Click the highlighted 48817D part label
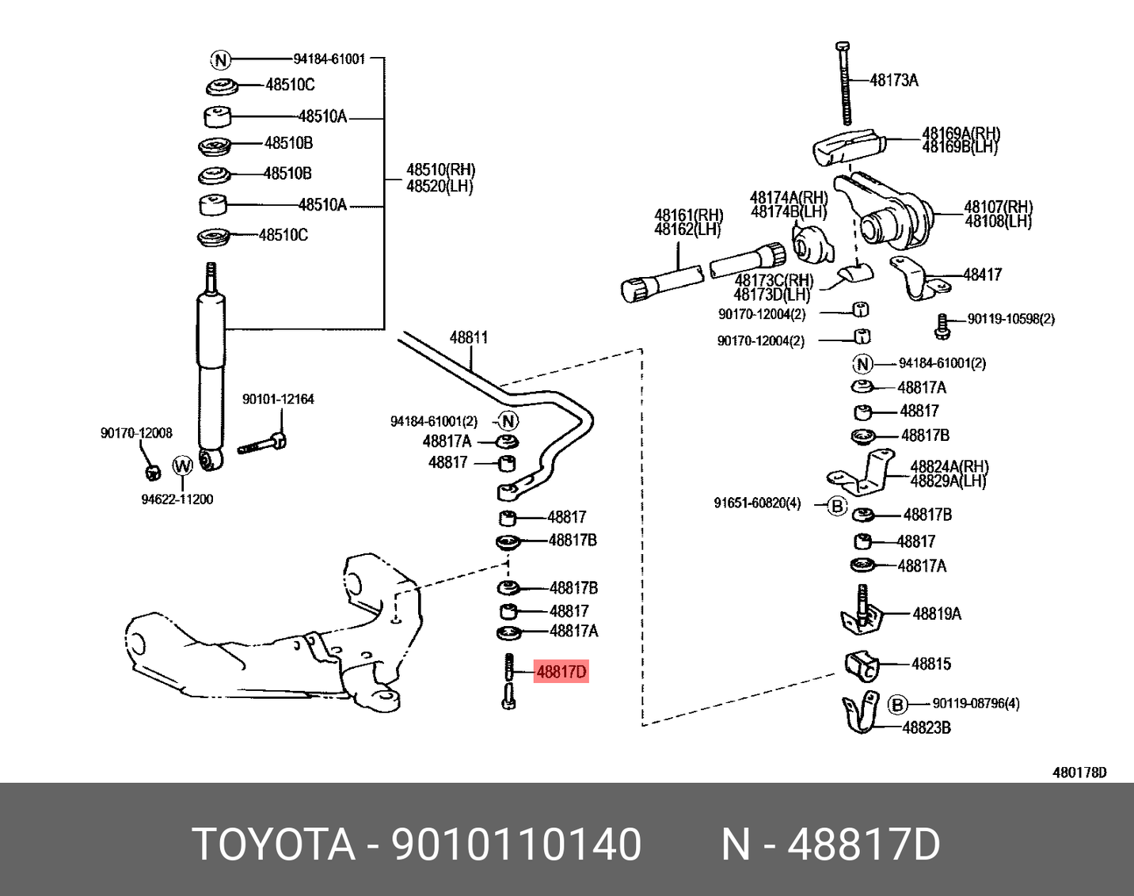coord(561,672)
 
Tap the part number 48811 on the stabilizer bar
coord(469,337)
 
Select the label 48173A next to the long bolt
coord(894,80)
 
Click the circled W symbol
coord(182,465)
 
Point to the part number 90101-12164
coord(278,400)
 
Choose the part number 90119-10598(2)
coord(1010,319)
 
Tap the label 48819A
coord(937,613)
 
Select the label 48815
coord(930,664)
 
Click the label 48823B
coord(927,727)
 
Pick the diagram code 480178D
coord(1079,773)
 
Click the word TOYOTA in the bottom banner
coord(274,844)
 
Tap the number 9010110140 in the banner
coord(516,844)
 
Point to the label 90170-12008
coord(136,433)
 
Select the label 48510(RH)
coord(440,169)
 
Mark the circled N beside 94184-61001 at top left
coord(220,59)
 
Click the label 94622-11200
coord(177,499)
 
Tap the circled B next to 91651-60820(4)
coord(837,505)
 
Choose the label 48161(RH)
coord(688,215)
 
